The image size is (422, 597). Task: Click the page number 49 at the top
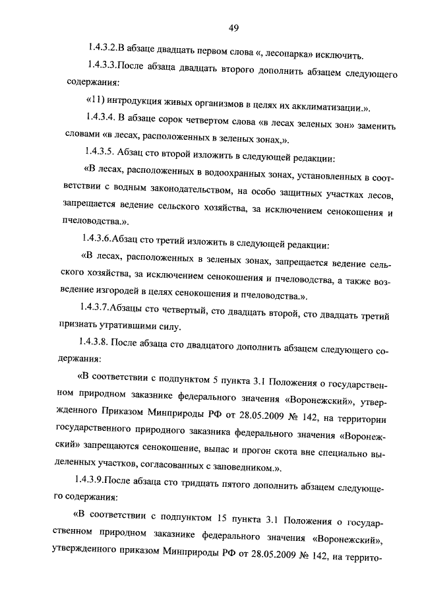(233, 28)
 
